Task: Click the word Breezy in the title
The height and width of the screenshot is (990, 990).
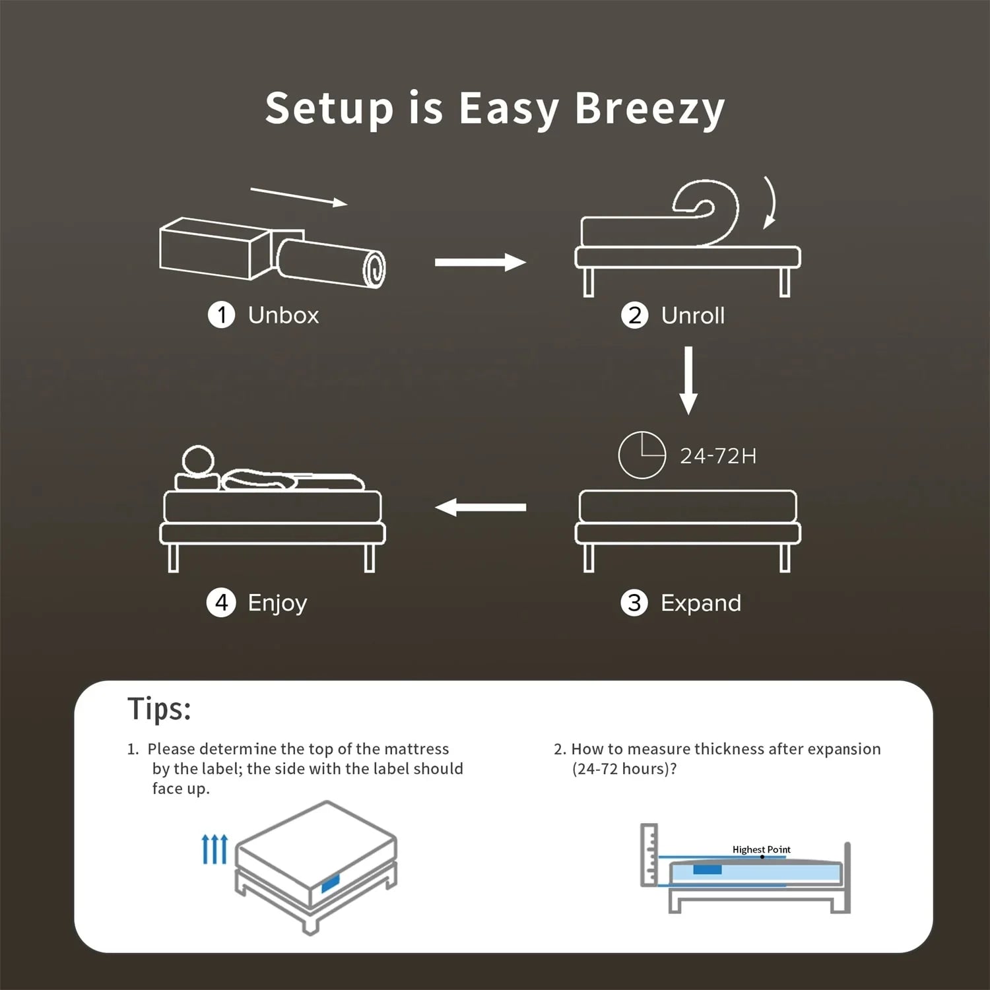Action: [x=649, y=109]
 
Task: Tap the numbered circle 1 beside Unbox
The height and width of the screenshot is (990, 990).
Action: [x=222, y=315]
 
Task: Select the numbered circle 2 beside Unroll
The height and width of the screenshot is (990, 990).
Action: [x=635, y=315]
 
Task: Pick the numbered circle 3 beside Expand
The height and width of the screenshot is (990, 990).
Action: [x=634, y=603]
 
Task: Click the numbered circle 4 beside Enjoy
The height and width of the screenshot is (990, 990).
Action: [x=221, y=603]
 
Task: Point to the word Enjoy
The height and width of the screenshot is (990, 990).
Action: [x=277, y=603]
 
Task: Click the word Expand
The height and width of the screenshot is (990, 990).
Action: [x=701, y=603]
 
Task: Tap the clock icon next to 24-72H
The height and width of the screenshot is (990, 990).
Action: [x=642, y=455]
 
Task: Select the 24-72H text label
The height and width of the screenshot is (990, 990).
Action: [x=718, y=456]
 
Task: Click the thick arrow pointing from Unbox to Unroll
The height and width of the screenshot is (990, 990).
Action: [x=480, y=262]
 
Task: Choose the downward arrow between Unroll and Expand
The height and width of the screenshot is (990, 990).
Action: [x=688, y=380]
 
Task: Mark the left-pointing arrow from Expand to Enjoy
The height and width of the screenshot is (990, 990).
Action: [x=480, y=507]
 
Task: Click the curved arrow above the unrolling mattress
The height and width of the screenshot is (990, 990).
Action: [x=770, y=203]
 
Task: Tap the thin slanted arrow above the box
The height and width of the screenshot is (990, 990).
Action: [x=299, y=197]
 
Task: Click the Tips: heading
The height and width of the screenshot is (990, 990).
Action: [x=159, y=709]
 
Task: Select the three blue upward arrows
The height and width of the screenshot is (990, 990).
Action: [x=214, y=849]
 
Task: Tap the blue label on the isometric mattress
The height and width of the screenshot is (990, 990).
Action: [x=330, y=883]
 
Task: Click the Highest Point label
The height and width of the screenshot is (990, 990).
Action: [x=761, y=849]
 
